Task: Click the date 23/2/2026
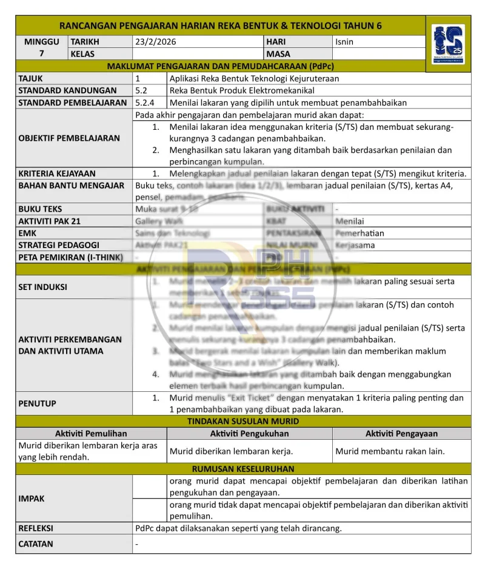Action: [x=156, y=42]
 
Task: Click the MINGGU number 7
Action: [x=42, y=53]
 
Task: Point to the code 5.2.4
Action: [x=145, y=103]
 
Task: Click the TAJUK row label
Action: [x=31, y=78]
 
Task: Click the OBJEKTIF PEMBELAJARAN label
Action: [x=69, y=138]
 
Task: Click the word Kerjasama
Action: [x=355, y=246]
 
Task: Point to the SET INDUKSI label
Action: [x=43, y=287]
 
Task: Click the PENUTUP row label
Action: [x=38, y=403]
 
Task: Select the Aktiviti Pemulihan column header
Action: [x=91, y=434]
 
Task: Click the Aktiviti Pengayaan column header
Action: [x=401, y=434]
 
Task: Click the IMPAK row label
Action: [x=32, y=499]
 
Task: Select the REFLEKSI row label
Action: [x=36, y=528]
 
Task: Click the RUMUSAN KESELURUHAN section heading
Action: [x=243, y=469]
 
